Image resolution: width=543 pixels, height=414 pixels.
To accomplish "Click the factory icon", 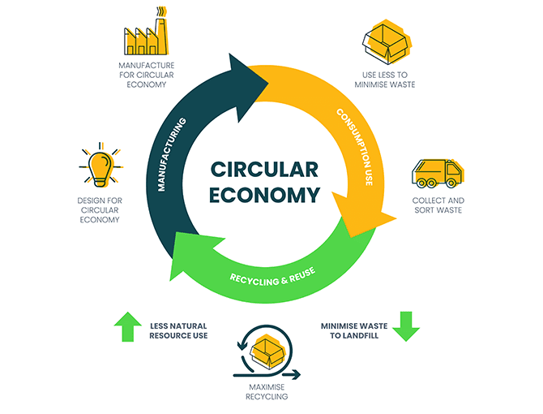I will point(146,35).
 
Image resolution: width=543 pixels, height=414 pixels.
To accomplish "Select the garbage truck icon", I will point(438,173).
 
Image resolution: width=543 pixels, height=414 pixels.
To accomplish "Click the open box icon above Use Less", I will point(387,41).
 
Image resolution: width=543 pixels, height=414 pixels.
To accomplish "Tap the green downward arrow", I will point(407,326).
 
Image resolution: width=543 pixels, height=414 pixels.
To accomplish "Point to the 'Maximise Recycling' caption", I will point(268,392).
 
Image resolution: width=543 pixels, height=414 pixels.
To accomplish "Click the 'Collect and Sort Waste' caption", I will point(438,205).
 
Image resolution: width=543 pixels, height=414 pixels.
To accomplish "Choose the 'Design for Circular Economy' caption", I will point(100,208).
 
